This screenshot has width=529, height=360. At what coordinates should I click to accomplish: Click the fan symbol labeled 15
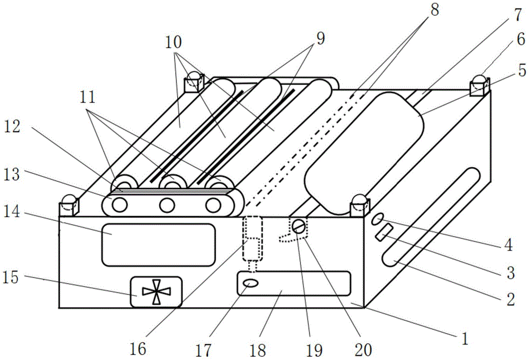[x=156, y=292]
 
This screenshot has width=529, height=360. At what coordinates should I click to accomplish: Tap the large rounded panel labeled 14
[x=159, y=244]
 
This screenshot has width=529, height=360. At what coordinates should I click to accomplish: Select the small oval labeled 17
[x=251, y=284]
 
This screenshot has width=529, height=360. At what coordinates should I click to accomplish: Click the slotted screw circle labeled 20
[x=299, y=227]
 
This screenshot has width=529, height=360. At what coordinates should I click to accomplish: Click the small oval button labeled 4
[x=377, y=218]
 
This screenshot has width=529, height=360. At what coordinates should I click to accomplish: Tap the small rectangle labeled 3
[x=384, y=233]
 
